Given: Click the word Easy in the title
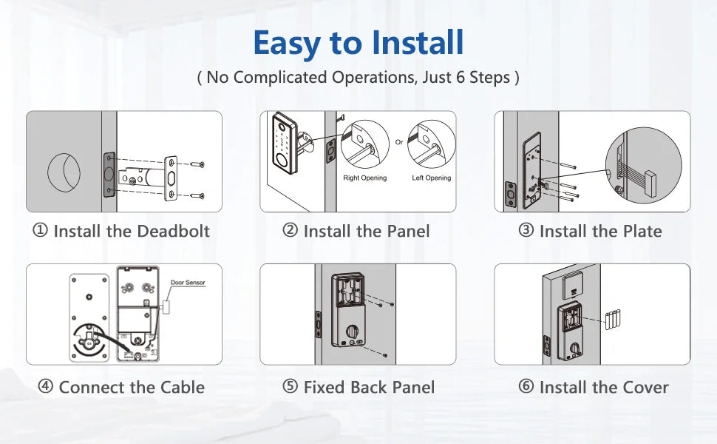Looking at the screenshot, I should pos(286,43).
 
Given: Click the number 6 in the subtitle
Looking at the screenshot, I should pos(462,77).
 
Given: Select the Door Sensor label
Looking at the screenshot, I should pos(188,283).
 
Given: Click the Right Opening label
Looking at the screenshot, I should pos(364,178).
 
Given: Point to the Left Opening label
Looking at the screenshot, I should pos(431,178).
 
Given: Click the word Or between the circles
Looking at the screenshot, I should pos(399,142).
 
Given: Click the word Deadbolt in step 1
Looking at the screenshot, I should pos(175,231).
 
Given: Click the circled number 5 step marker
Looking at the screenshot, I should pos(290,387).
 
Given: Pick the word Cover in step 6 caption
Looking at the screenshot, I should pos(645,387).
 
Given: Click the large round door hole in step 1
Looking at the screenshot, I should pos(64,171).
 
